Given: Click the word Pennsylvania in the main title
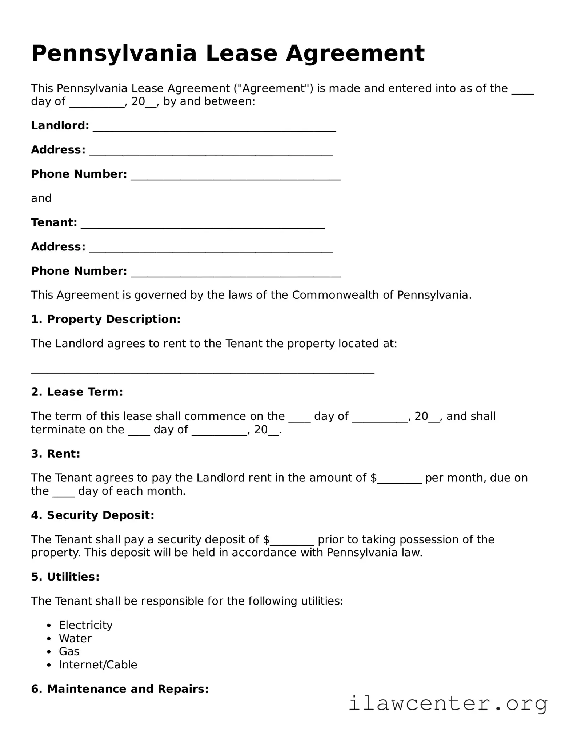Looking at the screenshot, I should pos(114,53).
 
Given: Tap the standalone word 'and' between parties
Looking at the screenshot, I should pos(41,198).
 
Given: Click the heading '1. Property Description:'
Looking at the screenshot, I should pos(106,319).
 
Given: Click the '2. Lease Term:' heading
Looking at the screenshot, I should pos(77,392).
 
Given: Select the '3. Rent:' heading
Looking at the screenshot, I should pos(56,454).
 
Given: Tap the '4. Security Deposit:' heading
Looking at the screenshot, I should pos(93,515).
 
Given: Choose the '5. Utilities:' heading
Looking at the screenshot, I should pos(65,577).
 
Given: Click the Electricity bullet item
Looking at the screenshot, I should pos(86,625).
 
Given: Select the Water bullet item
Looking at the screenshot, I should pos(75,638).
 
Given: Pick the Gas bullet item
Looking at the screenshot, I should pos(69,651).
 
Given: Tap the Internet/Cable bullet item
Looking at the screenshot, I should pos(98,665).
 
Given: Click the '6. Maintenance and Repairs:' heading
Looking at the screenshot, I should pos(120,689).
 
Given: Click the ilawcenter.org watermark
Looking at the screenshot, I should pos(448,704).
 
